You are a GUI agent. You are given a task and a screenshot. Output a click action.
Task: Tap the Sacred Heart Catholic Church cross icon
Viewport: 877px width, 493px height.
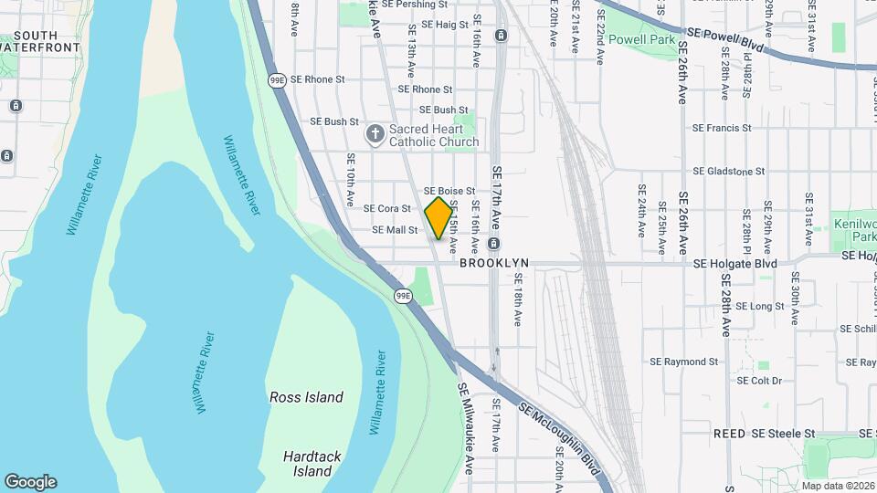click(375, 135)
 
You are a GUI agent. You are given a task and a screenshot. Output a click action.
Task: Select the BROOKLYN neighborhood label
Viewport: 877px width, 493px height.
click(494, 263)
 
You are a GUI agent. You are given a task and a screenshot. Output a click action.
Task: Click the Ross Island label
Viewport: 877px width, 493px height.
click(306, 397)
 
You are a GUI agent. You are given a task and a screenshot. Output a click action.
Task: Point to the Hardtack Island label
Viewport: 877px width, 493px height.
click(307, 463)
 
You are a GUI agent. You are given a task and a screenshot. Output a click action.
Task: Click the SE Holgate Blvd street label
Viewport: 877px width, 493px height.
click(734, 264)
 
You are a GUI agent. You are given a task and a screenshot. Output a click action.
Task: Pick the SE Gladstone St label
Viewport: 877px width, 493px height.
click(729, 171)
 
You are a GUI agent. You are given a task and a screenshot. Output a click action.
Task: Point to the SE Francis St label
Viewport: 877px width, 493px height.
click(722, 129)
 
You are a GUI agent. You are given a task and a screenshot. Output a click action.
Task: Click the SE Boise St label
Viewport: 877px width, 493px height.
click(449, 191)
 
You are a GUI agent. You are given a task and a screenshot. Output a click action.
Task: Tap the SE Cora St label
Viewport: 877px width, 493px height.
click(387, 208)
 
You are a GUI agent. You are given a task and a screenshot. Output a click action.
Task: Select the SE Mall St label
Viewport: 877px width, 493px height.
click(395, 231)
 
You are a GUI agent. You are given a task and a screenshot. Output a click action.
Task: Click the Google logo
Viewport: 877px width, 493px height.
click(30, 482)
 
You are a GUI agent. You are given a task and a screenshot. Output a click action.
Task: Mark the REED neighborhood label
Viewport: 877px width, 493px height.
click(730, 433)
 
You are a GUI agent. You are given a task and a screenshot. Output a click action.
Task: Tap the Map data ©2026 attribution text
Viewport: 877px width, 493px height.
click(838, 486)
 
